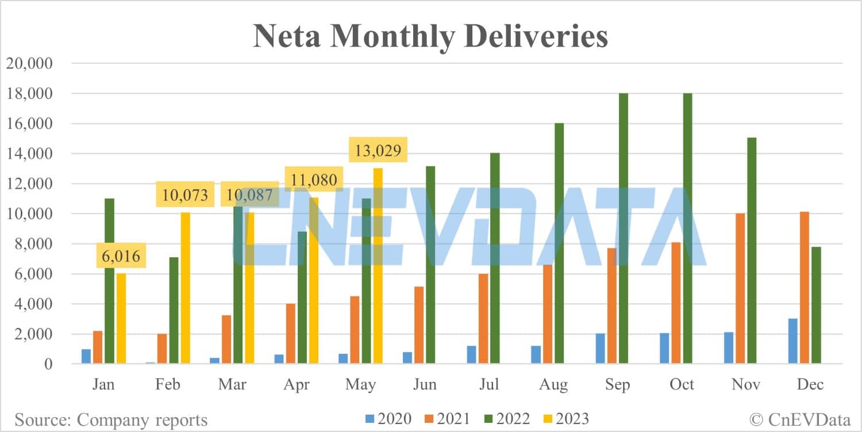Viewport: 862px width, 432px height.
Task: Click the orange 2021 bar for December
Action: [803, 288]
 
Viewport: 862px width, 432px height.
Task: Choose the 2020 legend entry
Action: [387, 418]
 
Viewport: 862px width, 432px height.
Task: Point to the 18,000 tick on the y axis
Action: [29, 93]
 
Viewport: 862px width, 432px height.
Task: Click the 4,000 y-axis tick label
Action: [33, 304]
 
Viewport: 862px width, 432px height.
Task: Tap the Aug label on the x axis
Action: [553, 384]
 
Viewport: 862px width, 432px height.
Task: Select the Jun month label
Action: [425, 384]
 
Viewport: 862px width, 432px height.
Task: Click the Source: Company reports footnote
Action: [111, 419]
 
